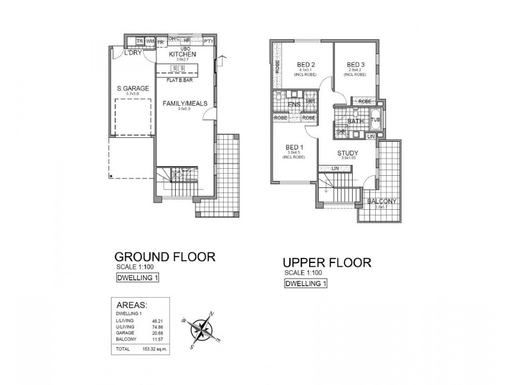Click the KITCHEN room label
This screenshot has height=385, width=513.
181,55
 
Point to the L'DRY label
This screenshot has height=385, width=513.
133,53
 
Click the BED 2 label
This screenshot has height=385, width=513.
305,65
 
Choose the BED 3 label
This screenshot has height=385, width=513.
355,65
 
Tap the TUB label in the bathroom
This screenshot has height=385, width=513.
375,120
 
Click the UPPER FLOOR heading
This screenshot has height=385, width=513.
327,263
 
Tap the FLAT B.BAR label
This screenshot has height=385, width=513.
181,80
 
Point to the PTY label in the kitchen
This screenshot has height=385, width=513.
208,41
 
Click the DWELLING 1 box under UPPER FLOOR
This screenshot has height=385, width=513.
305,284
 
